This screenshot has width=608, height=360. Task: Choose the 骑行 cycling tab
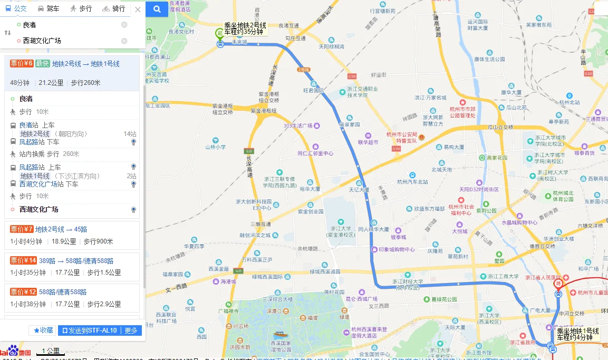tap(114, 8)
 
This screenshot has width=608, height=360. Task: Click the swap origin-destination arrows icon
tap(7, 33)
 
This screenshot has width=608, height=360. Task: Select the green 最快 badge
tap(43, 64)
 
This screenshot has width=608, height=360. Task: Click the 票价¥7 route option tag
tap(22, 229)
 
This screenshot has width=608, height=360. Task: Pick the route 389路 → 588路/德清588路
tap(76, 260)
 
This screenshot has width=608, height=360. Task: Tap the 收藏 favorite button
tap(43, 330)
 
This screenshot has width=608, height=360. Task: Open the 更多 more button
tap(131, 330)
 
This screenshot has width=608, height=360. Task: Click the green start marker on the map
tap(220, 35)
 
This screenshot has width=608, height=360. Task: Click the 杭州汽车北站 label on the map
tap(412, 182)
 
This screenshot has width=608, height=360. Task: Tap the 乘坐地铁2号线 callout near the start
tap(245, 28)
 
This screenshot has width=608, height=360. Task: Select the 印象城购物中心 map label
tap(397, 249)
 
